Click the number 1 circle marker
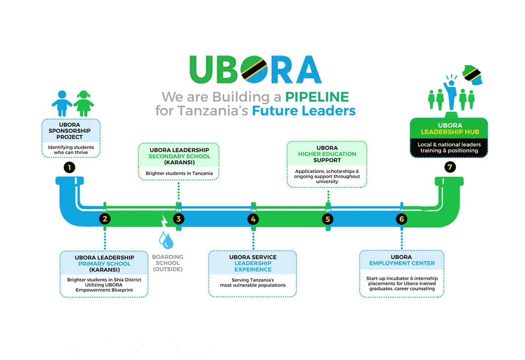pos(69,168)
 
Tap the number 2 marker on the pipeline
pos(105,219)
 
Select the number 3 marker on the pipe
pos(178,219)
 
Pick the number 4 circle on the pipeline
pos(253,219)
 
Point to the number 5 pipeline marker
pos(328,219)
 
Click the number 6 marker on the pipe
pos(401,219)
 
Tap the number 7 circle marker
pos(450,167)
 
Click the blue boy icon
pos(62,103)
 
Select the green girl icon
pos(83,104)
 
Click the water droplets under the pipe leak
pos(166,240)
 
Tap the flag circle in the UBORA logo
pos(254,69)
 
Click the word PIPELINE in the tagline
pos(317,97)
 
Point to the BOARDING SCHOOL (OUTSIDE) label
pos(168,263)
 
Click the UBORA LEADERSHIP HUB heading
pos(450,129)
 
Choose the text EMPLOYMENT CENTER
pos(402,263)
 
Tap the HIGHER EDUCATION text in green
pos(327,154)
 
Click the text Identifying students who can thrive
pos(71,150)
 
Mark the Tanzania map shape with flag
pos(473,75)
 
